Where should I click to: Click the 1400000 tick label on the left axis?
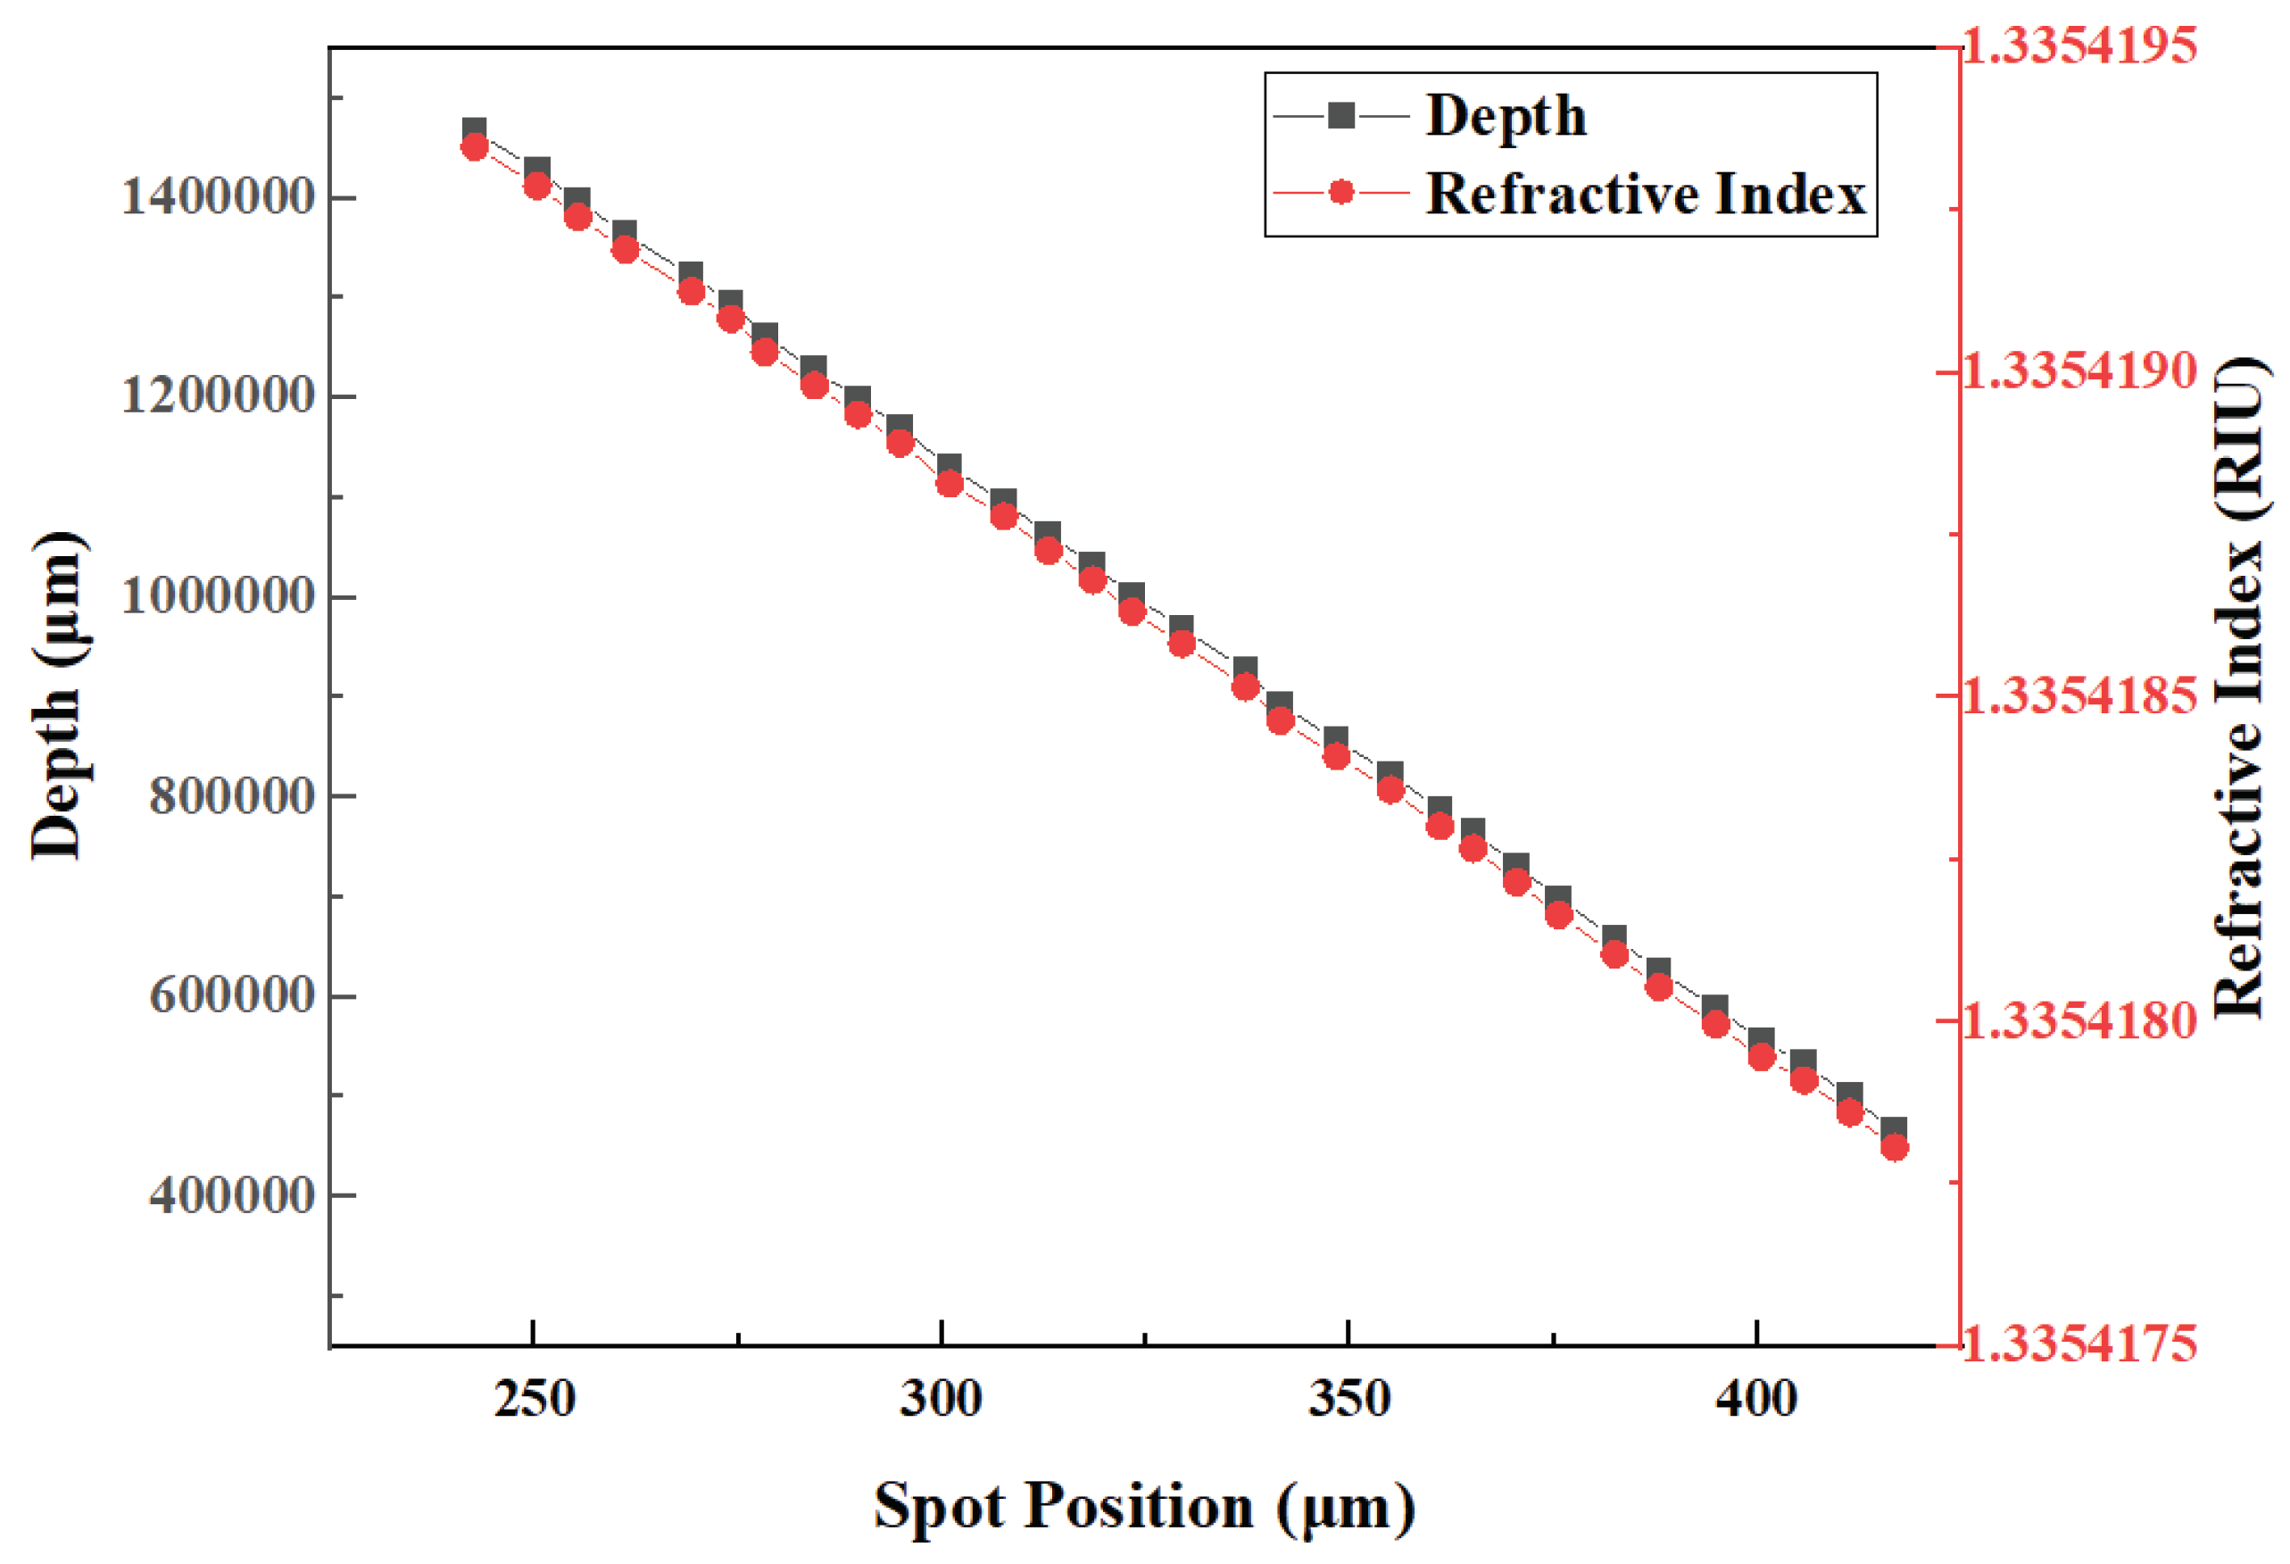(x=217, y=196)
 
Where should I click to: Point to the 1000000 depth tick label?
(x=217, y=595)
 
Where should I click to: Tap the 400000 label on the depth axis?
(x=230, y=1194)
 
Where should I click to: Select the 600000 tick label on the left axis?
(x=230, y=994)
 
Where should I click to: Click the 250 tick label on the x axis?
(x=533, y=1399)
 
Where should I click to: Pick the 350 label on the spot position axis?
(x=1348, y=1399)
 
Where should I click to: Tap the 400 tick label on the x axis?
(x=1756, y=1399)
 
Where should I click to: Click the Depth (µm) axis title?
(x=57, y=695)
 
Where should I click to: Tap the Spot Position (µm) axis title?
(x=1144, y=1506)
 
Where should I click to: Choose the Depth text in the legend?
(x=1506, y=116)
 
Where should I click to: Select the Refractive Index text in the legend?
(x=1646, y=193)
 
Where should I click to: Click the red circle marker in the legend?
(x=1340, y=192)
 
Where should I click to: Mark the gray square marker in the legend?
(x=1340, y=116)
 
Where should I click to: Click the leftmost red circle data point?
(x=475, y=146)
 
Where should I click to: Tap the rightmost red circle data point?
(x=1894, y=1147)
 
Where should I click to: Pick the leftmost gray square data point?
(x=475, y=129)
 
